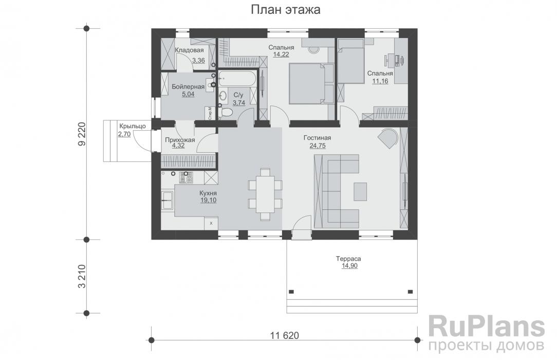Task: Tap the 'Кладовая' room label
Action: tap(190, 50)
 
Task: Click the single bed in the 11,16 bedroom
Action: tap(350, 64)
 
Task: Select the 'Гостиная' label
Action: tap(317, 138)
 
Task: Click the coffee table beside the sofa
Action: tap(360, 191)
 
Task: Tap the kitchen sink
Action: tap(168, 200)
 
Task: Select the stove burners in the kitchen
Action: tap(185, 178)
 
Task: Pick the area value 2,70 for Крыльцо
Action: tap(124, 134)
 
